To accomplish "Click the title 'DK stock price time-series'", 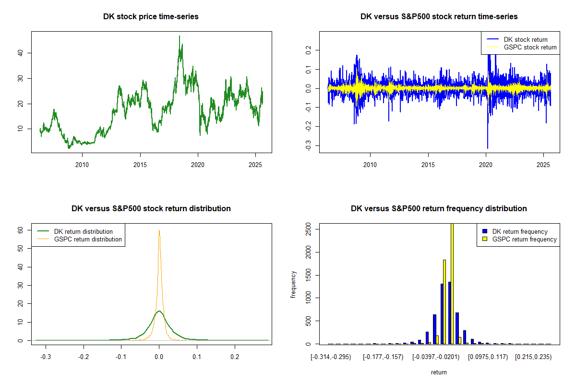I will [x=151, y=16].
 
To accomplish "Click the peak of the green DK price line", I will [x=180, y=36].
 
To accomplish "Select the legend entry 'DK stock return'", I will [x=525, y=39].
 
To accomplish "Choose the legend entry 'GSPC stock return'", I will [x=530, y=47].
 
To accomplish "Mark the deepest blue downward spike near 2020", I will [x=488, y=148].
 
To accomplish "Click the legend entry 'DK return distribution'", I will [x=83, y=231].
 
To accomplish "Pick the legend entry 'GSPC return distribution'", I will [x=88, y=239].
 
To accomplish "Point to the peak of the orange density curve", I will [x=159, y=230].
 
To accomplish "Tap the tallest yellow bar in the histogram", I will [x=452, y=283].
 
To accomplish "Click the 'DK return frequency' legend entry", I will [x=520, y=231].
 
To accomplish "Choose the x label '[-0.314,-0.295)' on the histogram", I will [x=331, y=358].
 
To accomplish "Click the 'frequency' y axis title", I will [x=294, y=284].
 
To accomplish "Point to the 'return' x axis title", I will [x=439, y=372].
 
